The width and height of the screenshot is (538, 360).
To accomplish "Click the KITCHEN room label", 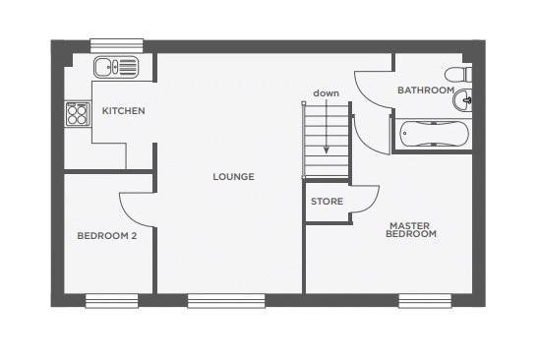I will [123, 111].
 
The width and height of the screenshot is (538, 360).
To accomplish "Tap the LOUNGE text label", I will [233, 177].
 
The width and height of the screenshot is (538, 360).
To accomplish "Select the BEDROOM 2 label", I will [106, 235].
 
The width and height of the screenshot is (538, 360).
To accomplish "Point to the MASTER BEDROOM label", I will [410, 230].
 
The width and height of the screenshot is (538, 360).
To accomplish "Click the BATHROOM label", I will [425, 90].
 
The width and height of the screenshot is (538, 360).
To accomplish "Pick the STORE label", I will [327, 202].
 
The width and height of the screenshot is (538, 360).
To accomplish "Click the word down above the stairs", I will [327, 93].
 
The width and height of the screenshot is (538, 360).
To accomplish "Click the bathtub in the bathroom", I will [433, 133].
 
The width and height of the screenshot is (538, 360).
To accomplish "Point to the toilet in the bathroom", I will [458, 75].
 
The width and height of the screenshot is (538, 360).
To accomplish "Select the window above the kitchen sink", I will [117, 45].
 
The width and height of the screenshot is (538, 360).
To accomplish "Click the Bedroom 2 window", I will [110, 300].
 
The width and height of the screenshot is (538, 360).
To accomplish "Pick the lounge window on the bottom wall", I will [226, 300].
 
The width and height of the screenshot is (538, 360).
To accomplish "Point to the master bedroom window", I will [424, 300].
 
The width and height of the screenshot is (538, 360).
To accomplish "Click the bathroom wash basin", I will [466, 99].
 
